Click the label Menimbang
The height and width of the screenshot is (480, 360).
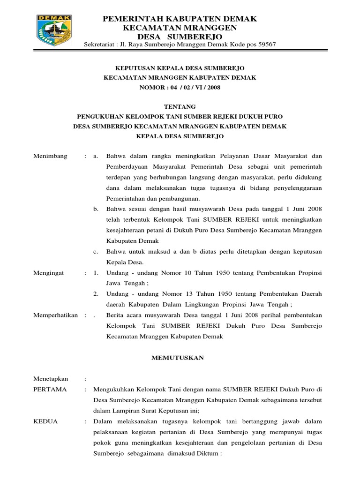[x=51, y=156]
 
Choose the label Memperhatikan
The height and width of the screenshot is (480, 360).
[x=55, y=315]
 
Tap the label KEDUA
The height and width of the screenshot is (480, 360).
[x=46, y=421]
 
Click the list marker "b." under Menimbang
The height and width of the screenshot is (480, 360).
[x=96, y=208]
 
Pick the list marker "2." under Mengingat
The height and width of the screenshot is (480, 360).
[x=96, y=293]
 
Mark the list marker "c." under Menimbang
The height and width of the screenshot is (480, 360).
[x=95, y=251]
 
